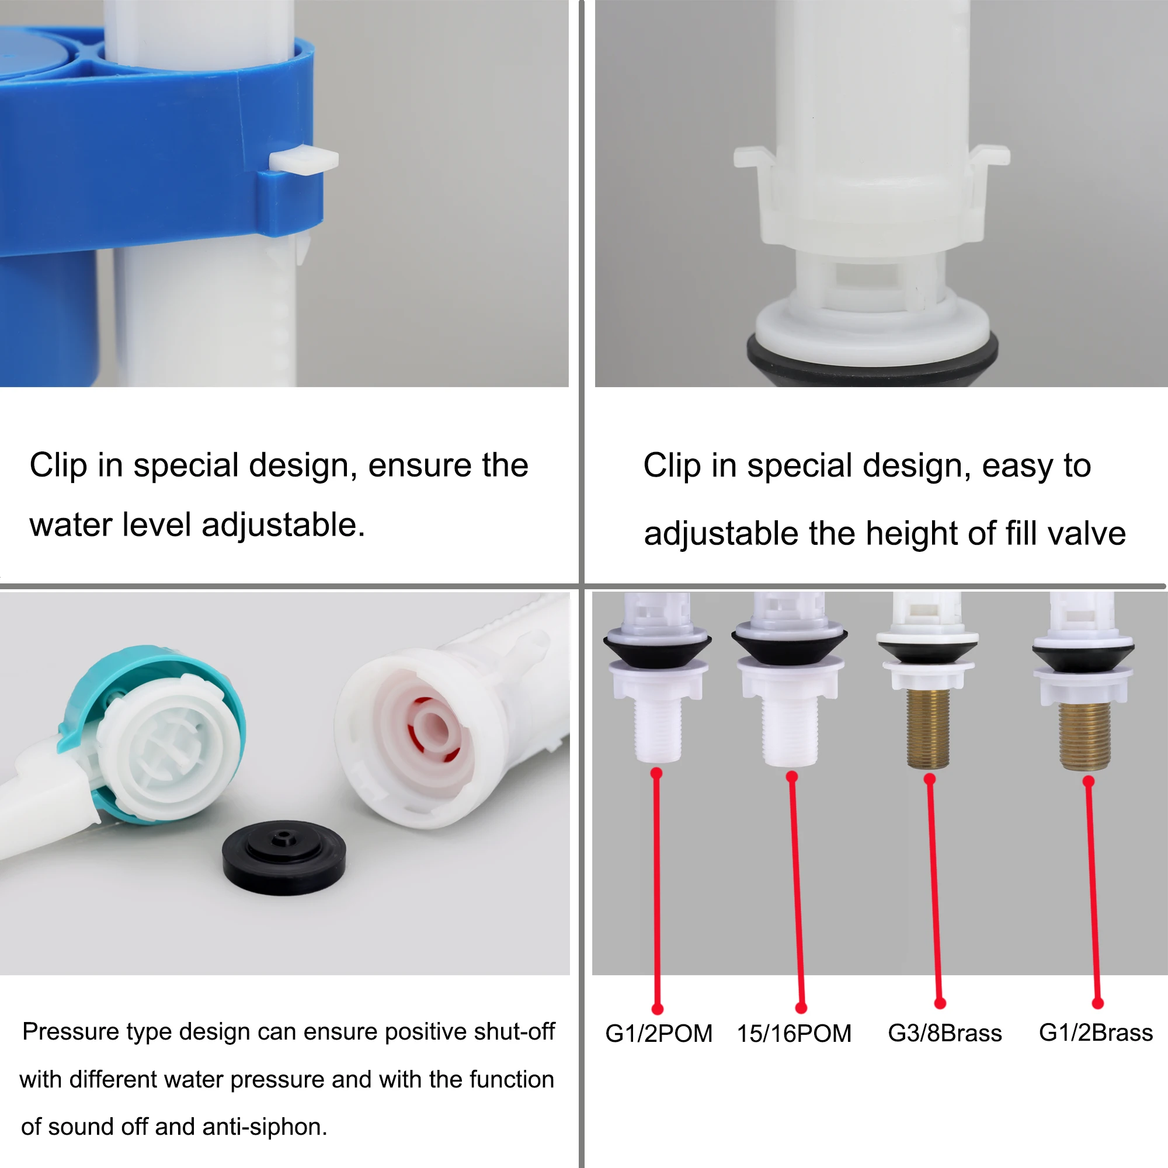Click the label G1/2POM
coord(659,1033)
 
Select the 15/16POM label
coord(794,1033)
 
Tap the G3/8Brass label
coord(944,1033)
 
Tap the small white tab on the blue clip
coord(304,161)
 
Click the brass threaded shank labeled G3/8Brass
coord(928,728)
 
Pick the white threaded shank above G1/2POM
coord(658,728)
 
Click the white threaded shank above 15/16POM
coord(788,732)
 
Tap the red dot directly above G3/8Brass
coord(940,1003)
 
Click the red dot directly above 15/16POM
coord(801,1007)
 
